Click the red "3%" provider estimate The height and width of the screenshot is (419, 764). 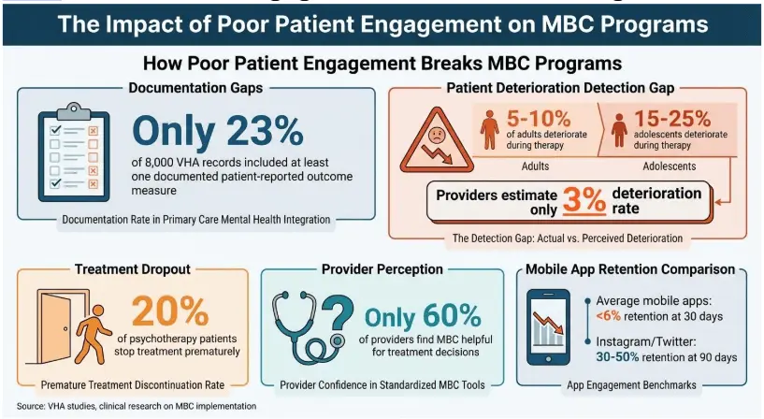[585, 200]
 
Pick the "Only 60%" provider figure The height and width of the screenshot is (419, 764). [422, 317]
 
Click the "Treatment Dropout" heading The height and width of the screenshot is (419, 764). [133, 269]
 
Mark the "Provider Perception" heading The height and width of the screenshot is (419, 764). [382, 269]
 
